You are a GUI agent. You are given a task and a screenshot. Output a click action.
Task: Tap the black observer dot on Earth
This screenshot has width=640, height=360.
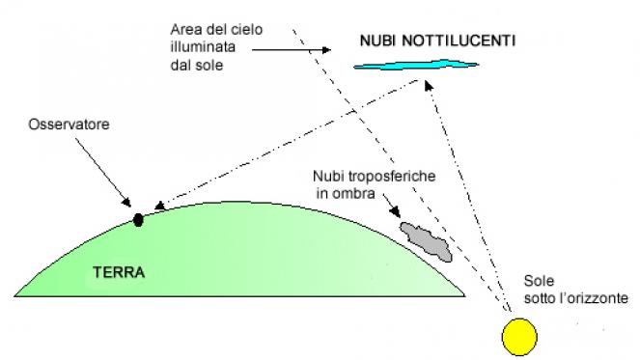tap(137, 219)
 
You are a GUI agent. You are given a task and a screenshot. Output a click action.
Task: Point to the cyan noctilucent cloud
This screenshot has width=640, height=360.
tap(415, 66)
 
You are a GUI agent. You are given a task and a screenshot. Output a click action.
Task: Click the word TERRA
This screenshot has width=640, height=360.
tap(119, 272)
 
